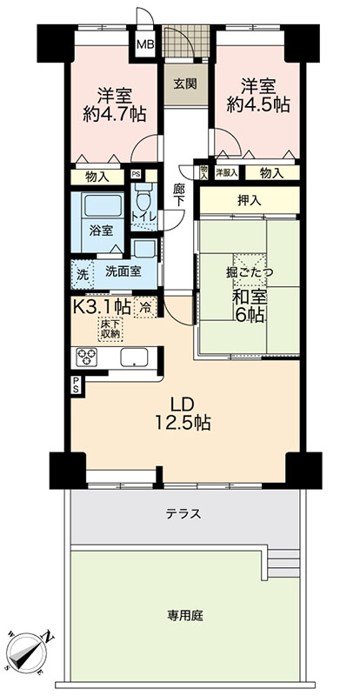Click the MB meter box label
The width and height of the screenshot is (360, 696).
pyautogui.click(x=145, y=44)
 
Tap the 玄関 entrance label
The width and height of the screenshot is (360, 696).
pyautogui.click(x=185, y=84)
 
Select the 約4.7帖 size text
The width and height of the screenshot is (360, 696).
pyautogui.click(x=115, y=115)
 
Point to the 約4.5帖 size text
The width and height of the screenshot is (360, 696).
pyautogui.click(x=258, y=105)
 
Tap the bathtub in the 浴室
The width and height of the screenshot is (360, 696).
pyautogui.click(x=103, y=206)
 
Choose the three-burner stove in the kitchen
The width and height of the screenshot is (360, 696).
pyautogui.click(x=87, y=358)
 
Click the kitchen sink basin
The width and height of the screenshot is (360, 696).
pyautogui.click(x=134, y=357)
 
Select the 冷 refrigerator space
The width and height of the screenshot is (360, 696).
pyautogui.click(x=144, y=307)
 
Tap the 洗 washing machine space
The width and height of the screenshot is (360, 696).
pyautogui.click(x=82, y=271)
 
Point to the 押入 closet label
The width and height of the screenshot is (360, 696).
pyautogui.click(x=249, y=200)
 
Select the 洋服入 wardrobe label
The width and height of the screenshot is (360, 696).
pyautogui.click(x=227, y=172)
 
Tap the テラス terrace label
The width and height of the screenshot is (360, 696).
pyautogui.click(x=183, y=514)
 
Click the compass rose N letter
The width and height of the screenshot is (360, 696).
pyautogui.click(x=48, y=637)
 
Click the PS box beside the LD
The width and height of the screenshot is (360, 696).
pyautogui.click(x=76, y=385)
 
